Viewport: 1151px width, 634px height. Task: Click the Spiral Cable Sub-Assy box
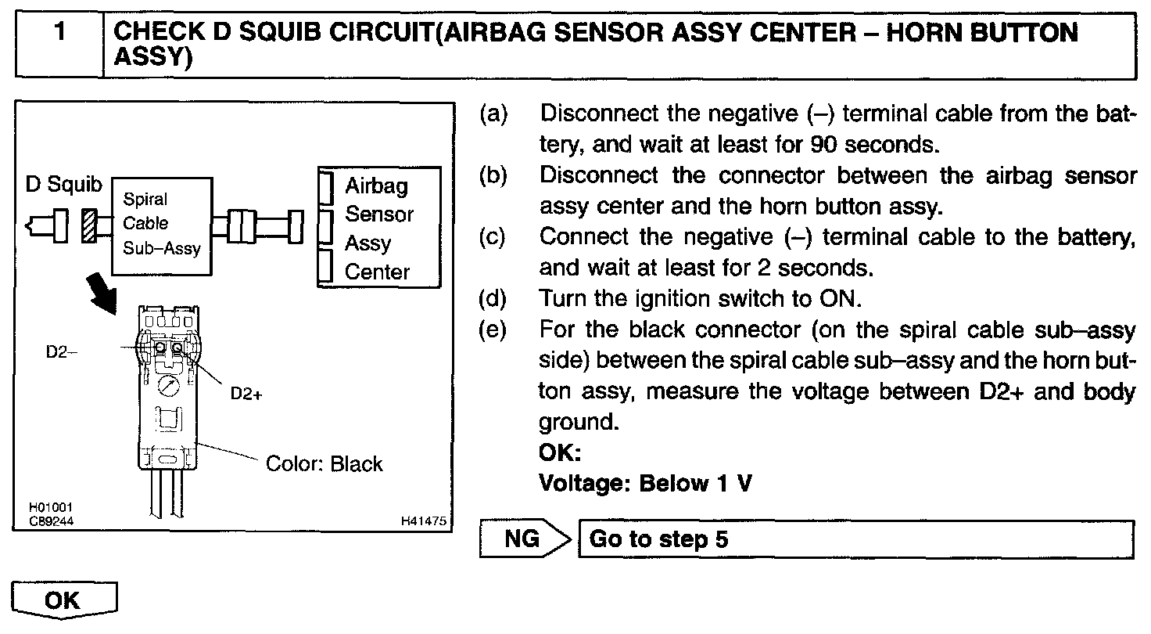(x=162, y=225)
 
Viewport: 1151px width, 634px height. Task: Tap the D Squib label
(x=64, y=185)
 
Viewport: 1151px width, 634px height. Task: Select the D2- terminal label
(x=62, y=351)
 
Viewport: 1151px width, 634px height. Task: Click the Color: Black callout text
(x=325, y=463)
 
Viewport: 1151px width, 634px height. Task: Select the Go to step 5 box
(x=855, y=539)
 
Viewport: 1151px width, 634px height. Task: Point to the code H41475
(x=425, y=520)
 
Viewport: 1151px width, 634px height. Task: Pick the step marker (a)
(x=493, y=113)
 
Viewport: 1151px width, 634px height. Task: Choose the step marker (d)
(x=493, y=298)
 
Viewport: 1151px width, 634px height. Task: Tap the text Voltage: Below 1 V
(x=645, y=483)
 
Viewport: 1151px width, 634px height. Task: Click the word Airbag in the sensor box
(x=376, y=186)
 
